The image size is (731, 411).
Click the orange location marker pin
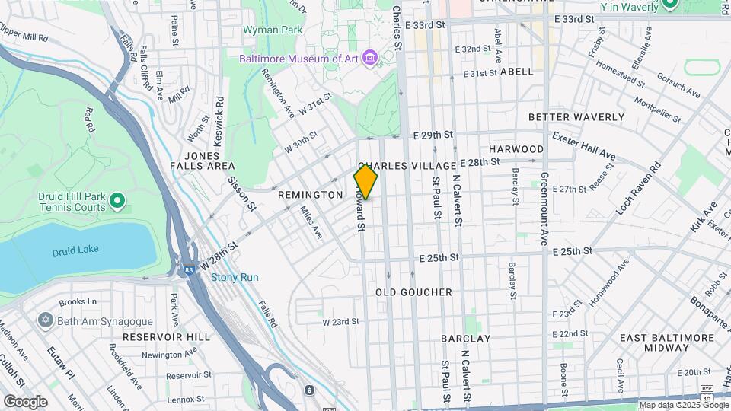coord(366,182)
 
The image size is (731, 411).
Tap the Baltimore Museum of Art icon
coord(370,58)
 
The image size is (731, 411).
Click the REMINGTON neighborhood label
coord(310,195)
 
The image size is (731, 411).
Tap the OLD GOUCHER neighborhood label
coord(413,292)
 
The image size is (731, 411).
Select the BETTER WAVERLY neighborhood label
coord(576,117)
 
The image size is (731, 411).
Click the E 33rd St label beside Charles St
coord(425,24)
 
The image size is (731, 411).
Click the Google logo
coord(25,401)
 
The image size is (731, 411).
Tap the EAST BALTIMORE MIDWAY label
coord(654,342)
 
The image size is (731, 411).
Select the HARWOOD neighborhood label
coord(516,149)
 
